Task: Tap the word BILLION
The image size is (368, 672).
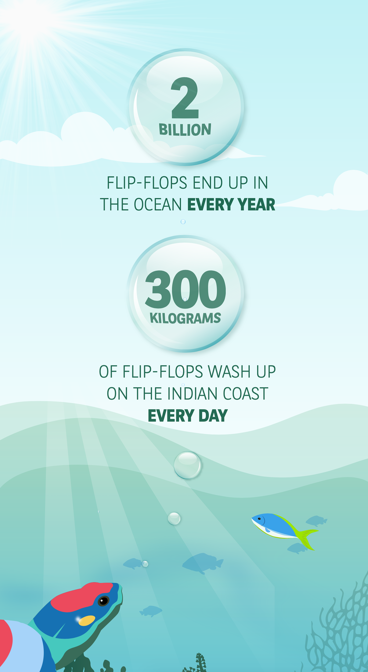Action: (185, 129)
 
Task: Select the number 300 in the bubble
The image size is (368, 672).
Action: (185, 290)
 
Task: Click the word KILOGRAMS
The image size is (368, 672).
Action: (185, 318)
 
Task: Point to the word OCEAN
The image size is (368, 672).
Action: (158, 205)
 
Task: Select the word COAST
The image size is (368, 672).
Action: (246, 394)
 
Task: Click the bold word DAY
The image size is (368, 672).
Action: (213, 416)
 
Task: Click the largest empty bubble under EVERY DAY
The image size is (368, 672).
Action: (187, 465)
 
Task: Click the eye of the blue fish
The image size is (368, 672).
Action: (259, 519)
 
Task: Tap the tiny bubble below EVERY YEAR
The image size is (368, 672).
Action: (183, 222)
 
